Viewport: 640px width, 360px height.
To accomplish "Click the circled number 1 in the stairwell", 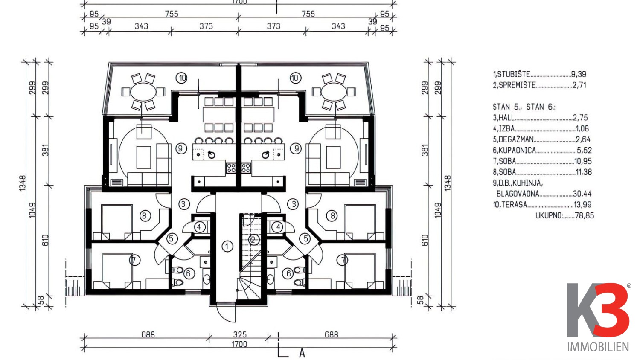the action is coord(227,246).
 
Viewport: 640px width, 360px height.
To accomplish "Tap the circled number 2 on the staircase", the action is coord(253,239).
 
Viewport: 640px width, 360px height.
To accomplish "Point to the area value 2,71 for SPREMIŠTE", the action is coord(579,85).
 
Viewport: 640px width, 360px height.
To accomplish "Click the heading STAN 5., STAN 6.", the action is coord(524,107).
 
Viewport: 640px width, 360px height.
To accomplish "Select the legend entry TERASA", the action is coord(513,205).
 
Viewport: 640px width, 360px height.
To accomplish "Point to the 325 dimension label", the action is coord(240,334).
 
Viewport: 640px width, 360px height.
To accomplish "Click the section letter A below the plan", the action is coord(302,354).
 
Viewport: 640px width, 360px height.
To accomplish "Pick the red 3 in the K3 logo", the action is coord(611,310).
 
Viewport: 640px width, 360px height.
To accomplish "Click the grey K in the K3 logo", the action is coord(583,310).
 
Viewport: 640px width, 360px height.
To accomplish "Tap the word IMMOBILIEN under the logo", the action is coord(598,347).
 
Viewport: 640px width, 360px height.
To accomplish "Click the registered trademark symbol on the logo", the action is coord(629,286).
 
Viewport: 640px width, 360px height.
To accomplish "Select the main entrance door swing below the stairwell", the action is coord(226,312).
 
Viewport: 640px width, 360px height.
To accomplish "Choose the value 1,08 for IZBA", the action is coord(582,128).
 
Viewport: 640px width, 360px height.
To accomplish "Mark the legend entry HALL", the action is coord(506,118).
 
